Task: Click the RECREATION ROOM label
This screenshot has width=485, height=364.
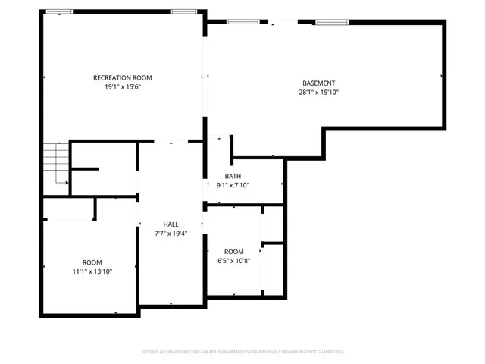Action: point(123,77)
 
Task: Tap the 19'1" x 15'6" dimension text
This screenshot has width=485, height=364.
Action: point(123,87)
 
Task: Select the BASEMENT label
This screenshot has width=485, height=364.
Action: point(318,83)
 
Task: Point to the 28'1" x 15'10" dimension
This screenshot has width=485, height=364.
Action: point(318,93)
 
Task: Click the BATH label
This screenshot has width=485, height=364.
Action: point(233,175)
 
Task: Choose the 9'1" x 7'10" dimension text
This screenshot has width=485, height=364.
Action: point(233,185)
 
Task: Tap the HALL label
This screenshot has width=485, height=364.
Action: point(171,224)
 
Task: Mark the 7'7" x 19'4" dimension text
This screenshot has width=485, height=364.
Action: point(171,234)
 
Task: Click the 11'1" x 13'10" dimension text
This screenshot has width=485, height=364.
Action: point(92,271)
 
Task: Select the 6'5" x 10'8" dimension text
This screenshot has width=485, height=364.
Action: point(233,262)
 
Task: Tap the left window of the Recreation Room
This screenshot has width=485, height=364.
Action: point(60,11)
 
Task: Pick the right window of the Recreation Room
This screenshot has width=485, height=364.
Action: point(182,11)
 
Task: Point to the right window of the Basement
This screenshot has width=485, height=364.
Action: point(327,22)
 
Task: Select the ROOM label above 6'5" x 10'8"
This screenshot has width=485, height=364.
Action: point(233,252)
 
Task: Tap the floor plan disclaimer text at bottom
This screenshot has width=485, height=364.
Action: point(242,352)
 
